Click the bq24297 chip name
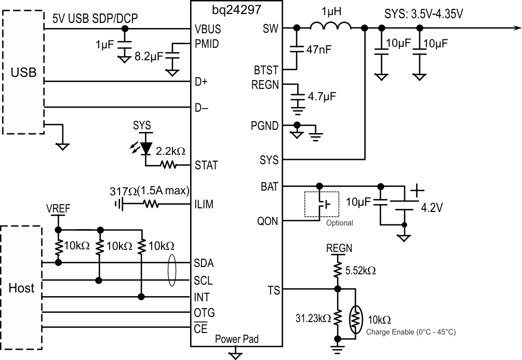point(237,10)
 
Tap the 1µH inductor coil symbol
point(330,25)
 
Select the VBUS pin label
point(208,29)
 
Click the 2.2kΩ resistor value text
point(170,151)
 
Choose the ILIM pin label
point(204,204)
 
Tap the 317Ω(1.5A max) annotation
point(150,191)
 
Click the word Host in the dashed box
point(21,288)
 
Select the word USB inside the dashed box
point(23,72)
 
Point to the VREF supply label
point(58,209)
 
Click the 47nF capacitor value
point(319,50)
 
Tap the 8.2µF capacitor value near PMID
point(149,56)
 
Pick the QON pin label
point(267,221)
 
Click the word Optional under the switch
point(340,223)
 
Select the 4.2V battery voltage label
point(432,207)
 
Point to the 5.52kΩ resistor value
point(360,271)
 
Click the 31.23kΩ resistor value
point(313,318)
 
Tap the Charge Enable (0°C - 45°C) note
point(411,332)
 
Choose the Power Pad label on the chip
point(237,339)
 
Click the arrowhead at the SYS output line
point(518,28)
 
